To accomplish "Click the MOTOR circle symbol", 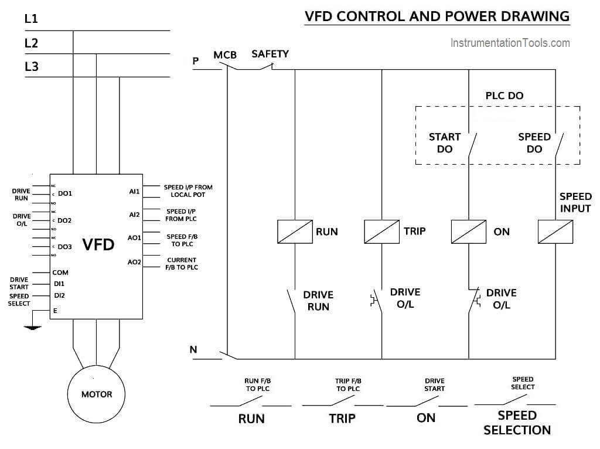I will pyautogui.click(x=96, y=393).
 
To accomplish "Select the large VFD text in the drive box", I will pyautogui.click(x=98, y=244).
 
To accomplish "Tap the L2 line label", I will pyautogui.click(x=31, y=43).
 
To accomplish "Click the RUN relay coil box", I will pyautogui.click(x=294, y=232).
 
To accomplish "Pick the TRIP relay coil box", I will pyautogui.click(x=381, y=232).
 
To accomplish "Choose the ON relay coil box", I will pyautogui.click(x=468, y=232).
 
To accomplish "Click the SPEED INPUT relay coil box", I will pyautogui.click(x=555, y=232).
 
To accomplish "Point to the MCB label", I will pyautogui.click(x=225, y=55).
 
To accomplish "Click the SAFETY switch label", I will pyautogui.click(x=270, y=54).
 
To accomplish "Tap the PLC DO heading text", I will pyautogui.click(x=504, y=96).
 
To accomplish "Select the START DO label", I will pyautogui.click(x=445, y=143).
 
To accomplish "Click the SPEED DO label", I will pyautogui.click(x=534, y=143).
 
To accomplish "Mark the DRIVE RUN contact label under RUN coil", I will pyautogui.click(x=318, y=301).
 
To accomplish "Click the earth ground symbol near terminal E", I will pyautogui.click(x=33, y=328).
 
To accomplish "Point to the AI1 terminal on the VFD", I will pyautogui.click(x=134, y=191).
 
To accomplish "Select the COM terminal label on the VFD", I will pyautogui.click(x=60, y=273).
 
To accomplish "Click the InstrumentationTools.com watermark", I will pyautogui.click(x=510, y=43).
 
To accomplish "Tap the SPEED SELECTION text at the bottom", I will pyautogui.click(x=517, y=423).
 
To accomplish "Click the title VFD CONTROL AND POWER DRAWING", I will pyautogui.click(x=437, y=16).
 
